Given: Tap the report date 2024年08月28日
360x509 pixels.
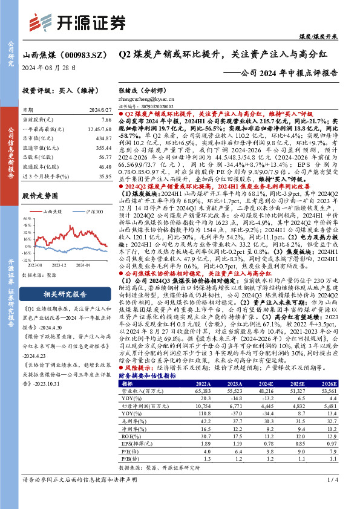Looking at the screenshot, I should [x=49, y=67].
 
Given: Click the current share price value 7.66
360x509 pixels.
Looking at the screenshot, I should [x=106, y=120].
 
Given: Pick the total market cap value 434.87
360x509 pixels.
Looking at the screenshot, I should [x=103, y=138].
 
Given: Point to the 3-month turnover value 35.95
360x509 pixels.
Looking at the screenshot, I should [x=105, y=176].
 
